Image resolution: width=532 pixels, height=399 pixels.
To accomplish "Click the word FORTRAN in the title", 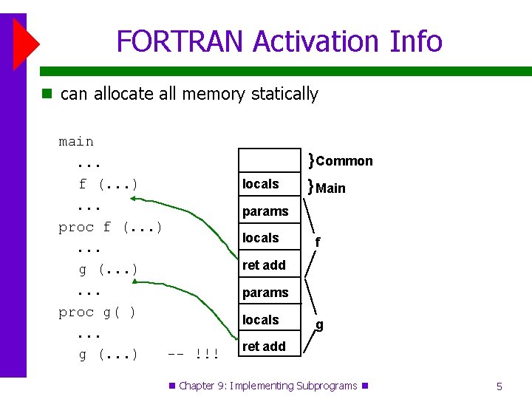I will tap(180, 41).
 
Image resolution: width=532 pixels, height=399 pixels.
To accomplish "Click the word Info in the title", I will tap(415, 41).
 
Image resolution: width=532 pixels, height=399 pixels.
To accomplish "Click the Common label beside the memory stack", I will tap(344, 161).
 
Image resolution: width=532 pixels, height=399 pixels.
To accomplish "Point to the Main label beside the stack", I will tap(330, 188).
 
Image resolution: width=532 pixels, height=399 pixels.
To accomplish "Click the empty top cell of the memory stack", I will tap(269, 160).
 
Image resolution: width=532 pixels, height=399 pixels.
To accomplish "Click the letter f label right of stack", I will tap(318, 242).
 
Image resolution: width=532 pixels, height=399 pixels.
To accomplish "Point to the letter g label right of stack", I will tap(319, 324).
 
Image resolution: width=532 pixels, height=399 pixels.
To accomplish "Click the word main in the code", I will tap(76, 141).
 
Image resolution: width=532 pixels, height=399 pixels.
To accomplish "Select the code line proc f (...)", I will tap(110, 227).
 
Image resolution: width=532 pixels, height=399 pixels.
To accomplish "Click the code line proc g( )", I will tap(98, 312).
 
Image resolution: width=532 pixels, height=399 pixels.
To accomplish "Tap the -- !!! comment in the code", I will tap(193, 355).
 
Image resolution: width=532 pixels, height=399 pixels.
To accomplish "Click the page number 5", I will tap(499, 386).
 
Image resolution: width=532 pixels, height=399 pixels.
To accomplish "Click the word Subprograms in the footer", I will tap(326, 386).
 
